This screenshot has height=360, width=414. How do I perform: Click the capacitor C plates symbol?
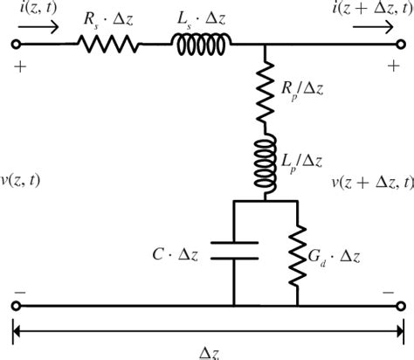[233, 253]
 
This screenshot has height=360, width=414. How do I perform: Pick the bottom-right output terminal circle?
[400, 306]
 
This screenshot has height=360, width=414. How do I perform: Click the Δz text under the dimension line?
[207, 351]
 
